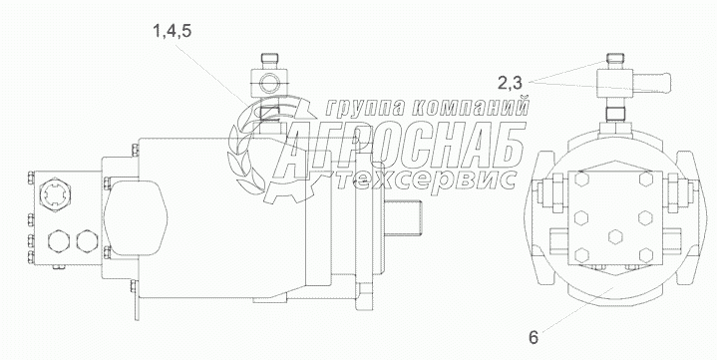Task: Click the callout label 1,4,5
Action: tap(173, 32)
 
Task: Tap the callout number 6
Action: tap(534, 338)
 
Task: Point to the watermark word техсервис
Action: tap(425, 180)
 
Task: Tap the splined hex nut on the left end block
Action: tap(55, 196)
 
